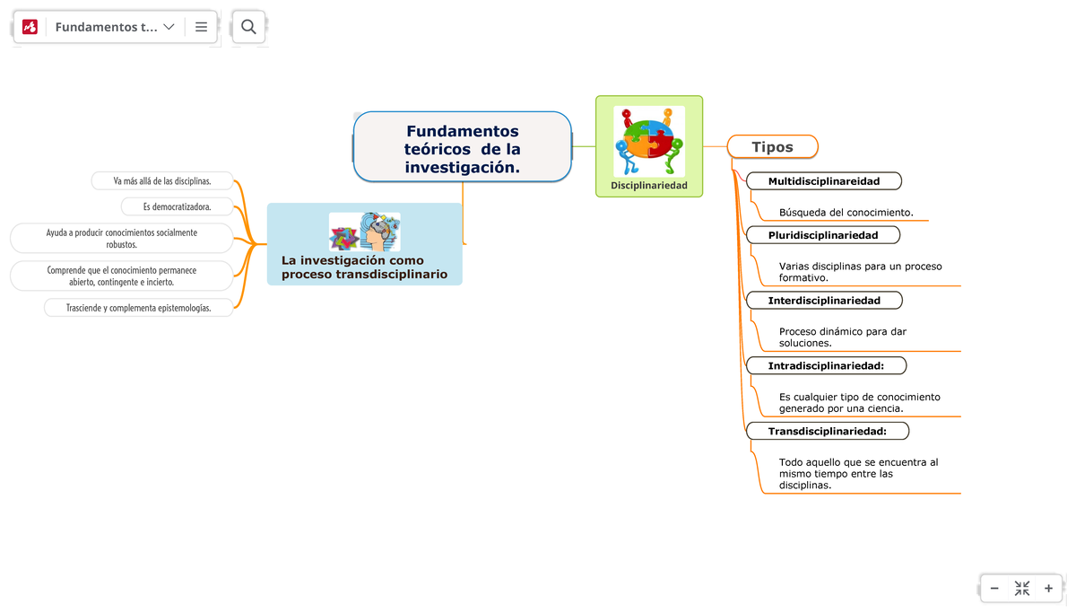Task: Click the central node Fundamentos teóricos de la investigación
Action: pos(462,148)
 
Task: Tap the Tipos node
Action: pos(772,147)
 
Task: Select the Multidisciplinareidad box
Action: pos(823,181)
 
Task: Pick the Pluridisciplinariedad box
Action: pos(822,235)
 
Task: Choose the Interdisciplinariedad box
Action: pos(823,301)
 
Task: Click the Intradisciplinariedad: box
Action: pos(825,365)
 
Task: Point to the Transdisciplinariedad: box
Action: pos(827,432)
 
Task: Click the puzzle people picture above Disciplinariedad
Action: pos(649,141)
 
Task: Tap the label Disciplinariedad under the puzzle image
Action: pos(649,186)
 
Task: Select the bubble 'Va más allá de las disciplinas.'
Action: pos(162,181)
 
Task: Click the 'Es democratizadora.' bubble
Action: pos(177,207)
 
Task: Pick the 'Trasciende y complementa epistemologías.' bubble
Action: pos(139,308)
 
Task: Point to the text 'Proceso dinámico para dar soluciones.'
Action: pos(842,337)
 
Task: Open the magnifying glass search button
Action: pos(248,27)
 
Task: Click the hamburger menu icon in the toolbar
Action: pos(201,27)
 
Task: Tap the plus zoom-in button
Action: pos(1048,589)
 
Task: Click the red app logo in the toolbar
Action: pos(30,27)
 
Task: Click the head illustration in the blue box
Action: pos(378,232)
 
